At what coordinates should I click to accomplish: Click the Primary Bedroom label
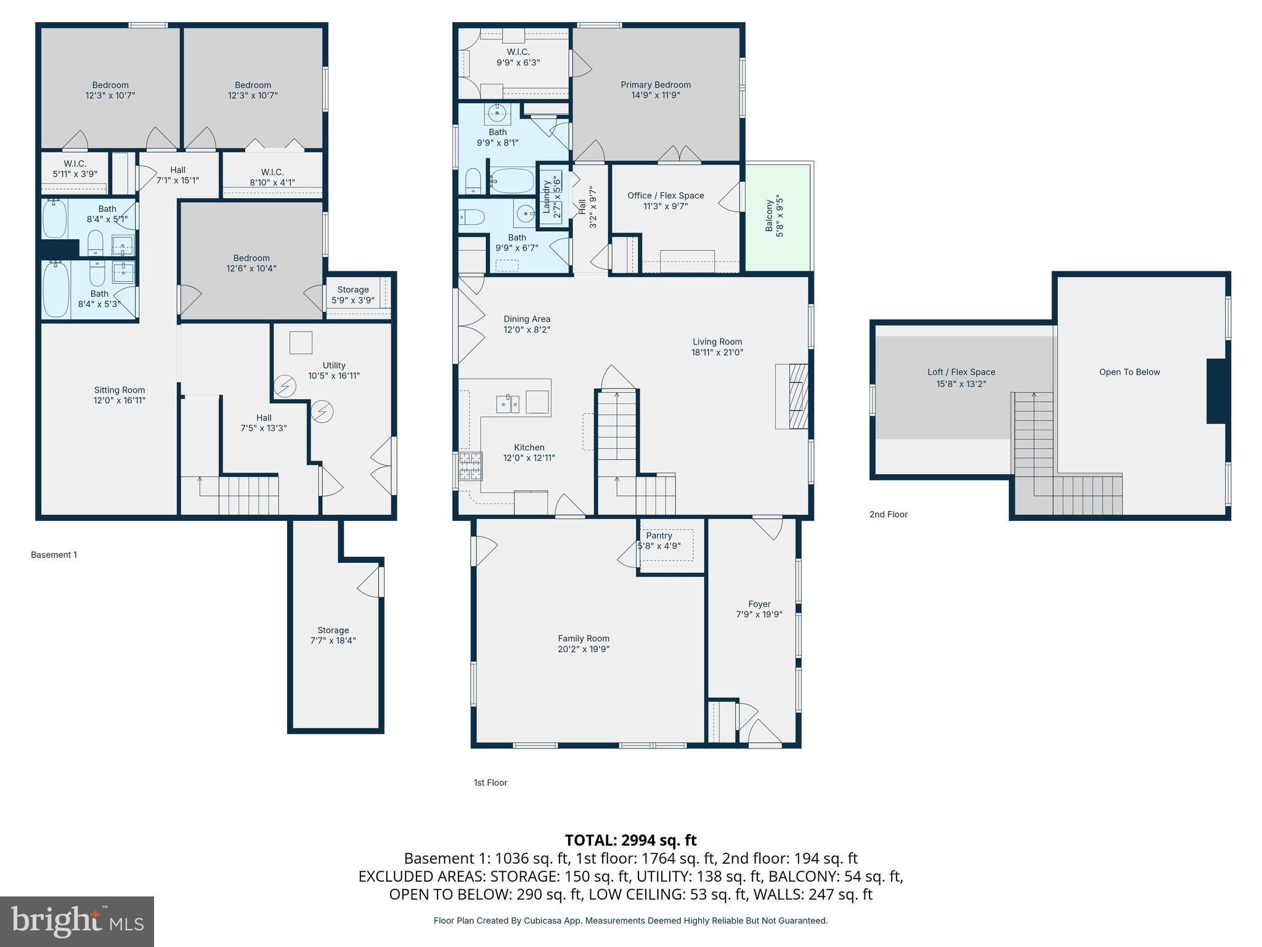click(655, 85)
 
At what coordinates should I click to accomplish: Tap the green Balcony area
click(778, 217)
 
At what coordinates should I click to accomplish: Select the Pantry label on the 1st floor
click(659, 536)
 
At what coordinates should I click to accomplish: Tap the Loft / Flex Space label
click(961, 372)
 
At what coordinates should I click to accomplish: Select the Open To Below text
click(1129, 372)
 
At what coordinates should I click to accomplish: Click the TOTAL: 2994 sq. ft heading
click(630, 840)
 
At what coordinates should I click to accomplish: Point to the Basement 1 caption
click(54, 555)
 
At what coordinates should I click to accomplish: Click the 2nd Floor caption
click(888, 514)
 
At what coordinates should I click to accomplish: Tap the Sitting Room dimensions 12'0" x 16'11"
click(120, 400)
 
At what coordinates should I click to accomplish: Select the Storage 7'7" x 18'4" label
click(333, 635)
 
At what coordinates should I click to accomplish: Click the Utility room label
click(333, 365)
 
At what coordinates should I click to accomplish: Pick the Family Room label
click(583, 639)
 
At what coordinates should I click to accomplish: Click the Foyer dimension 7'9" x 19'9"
click(759, 614)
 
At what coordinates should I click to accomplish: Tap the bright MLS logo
click(77, 921)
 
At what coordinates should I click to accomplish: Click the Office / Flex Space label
click(666, 195)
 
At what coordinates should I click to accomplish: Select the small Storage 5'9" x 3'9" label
click(352, 295)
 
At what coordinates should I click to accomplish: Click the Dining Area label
click(526, 319)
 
